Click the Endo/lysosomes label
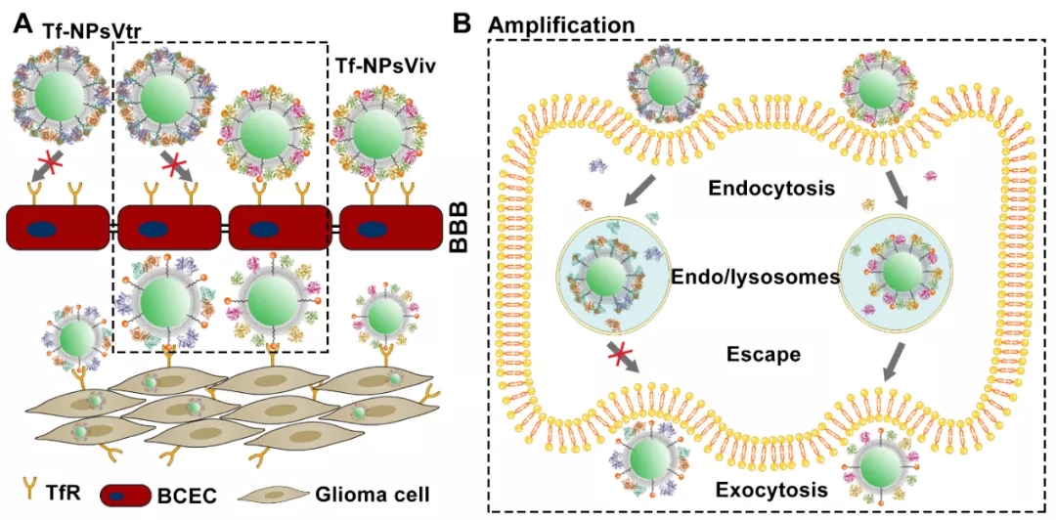[755, 278]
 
